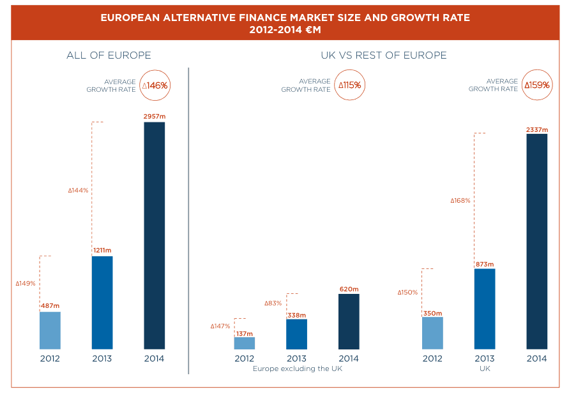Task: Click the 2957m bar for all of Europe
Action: pyautogui.click(x=154, y=235)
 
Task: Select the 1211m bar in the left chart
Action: pyautogui.click(x=102, y=302)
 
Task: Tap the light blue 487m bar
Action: pyautogui.click(x=50, y=330)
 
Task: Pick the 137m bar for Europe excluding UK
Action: pyautogui.click(x=244, y=343)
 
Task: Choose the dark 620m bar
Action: pyautogui.click(x=349, y=321)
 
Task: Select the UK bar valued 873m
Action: pyautogui.click(x=485, y=309)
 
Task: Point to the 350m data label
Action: pyautogui.click(x=432, y=313)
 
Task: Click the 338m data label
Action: pyautogui.click(x=296, y=315)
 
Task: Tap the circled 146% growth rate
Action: pyautogui.click(x=155, y=85)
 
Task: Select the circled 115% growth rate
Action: pyautogui.click(x=350, y=85)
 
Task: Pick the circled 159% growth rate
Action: pyautogui.click(x=537, y=85)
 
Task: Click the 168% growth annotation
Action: pyautogui.click(x=460, y=200)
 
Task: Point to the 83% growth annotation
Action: pyautogui.click(x=273, y=303)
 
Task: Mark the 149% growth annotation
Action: pyautogui.click(x=26, y=283)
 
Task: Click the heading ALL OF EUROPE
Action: pyautogui.click(x=109, y=55)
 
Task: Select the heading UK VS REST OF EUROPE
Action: pyautogui.click(x=383, y=55)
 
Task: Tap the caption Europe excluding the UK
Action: pyautogui.click(x=298, y=368)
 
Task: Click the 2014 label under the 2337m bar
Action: pyautogui.click(x=536, y=358)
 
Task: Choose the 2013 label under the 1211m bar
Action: pyautogui.click(x=102, y=358)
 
